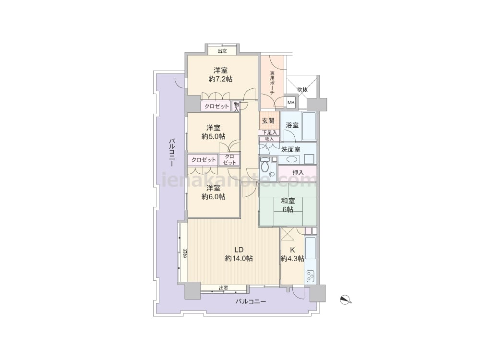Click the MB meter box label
click(291, 103)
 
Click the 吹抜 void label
click(302, 90)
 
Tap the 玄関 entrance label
click(268, 120)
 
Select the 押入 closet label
click(298, 173)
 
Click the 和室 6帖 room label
click(288, 205)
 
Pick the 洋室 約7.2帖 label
click(220, 74)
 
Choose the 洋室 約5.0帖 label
click(214, 132)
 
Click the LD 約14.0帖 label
click(239, 254)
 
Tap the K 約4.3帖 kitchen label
click(292, 254)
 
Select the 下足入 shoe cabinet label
click(270, 132)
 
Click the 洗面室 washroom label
click(290, 150)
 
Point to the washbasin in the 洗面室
click(291, 160)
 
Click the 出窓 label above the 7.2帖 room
click(222, 51)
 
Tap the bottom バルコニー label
click(251, 301)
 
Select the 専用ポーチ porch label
click(272, 83)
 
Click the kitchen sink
click(311, 247)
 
